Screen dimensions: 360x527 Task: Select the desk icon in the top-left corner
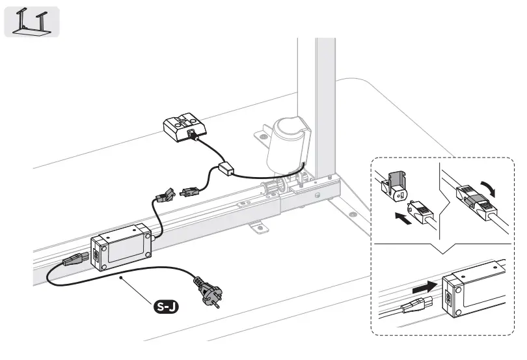click(32, 21)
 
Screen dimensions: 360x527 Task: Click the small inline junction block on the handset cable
click(227, 169)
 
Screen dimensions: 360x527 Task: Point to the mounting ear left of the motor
click(261, 135)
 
